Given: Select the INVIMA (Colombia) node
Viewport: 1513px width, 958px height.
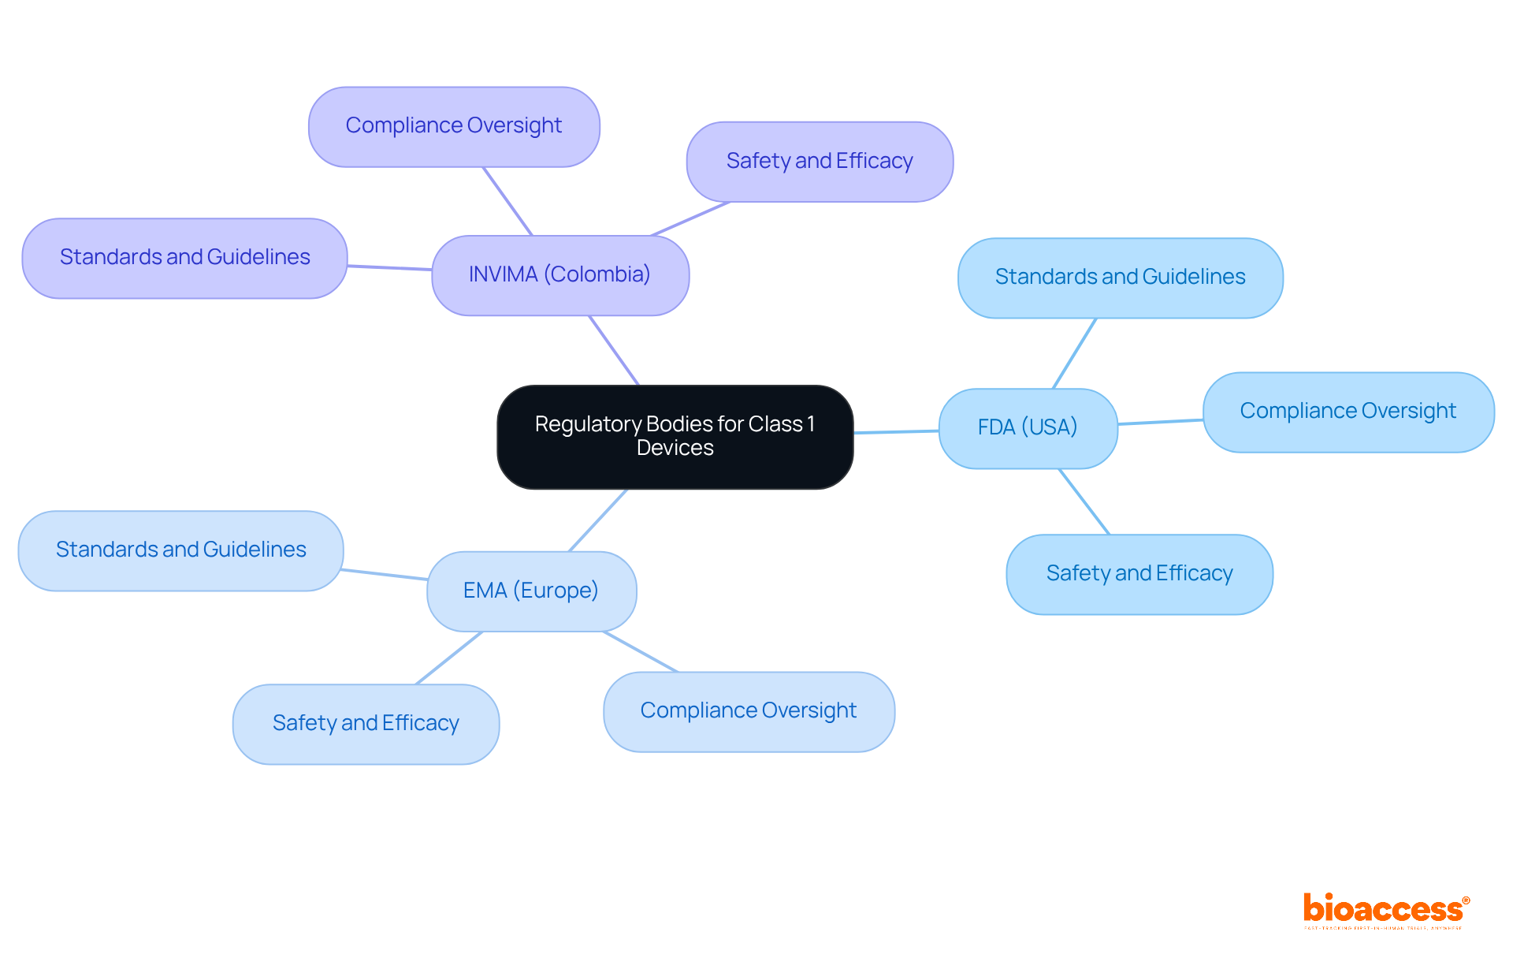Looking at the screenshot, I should pyautogui.click(x=559, y=275).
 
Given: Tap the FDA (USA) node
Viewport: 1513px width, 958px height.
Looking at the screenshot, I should pyautogui.click(x=1028, y=428).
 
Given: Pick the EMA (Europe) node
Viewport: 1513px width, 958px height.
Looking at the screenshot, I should pyautogui.click(x=531, y=591).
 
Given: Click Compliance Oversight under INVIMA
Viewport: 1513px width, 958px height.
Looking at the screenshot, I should pyautogui.click(x=454, y=126).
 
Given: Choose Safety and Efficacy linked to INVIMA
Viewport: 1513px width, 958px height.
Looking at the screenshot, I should pyautogui.click(x=820, y=162).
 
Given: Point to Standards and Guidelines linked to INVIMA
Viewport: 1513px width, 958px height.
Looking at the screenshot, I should pyautogui.click(x=184, y=258).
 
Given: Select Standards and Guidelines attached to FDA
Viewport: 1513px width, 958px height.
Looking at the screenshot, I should pyautogui.click(x=1120, y=278).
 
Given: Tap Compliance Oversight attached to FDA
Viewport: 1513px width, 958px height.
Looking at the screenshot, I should pyautogui.click(x=1348, y=412).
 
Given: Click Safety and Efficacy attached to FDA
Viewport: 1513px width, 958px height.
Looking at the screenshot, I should pyautogui.click(x=1139, y=574).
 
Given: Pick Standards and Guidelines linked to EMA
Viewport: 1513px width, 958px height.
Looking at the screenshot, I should pyautogui.click(x=180, y=550).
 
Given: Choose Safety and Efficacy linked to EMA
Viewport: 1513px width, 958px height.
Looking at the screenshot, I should pyautogui.click(x=366, y=724).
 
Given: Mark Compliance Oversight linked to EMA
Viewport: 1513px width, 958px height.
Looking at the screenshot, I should pyautogui.click(x=749, y=711).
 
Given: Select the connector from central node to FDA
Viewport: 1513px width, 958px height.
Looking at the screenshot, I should pyautogui.click(x=896, y=431).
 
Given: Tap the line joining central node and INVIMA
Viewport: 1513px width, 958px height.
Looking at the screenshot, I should pyautogui.click(x=614, y=350).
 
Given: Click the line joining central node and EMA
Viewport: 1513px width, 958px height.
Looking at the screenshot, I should pyautogui.click(x=598, y=520).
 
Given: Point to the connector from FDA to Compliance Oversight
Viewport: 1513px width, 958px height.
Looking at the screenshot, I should pyautogui.click(x=1160, y=422).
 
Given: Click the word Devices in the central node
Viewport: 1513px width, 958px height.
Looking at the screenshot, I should pyautogui.click(x=675, y=448).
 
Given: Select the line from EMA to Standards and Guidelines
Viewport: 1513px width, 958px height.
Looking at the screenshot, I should pyautogui.click(x=385, y=574).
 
